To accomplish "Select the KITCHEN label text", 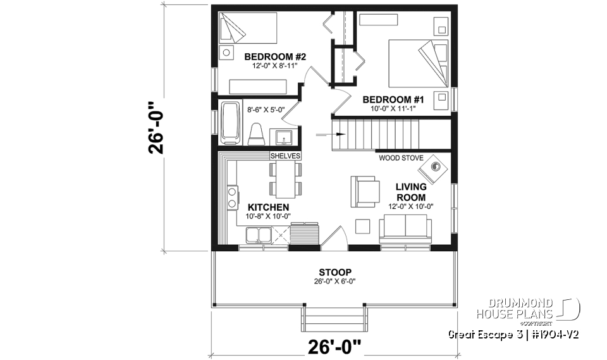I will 268,207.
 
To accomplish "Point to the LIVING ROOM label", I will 410,192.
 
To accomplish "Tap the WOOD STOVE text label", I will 397,158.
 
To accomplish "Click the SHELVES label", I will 285,156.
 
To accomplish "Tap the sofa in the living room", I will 405,228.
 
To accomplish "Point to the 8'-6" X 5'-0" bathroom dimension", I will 265,109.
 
